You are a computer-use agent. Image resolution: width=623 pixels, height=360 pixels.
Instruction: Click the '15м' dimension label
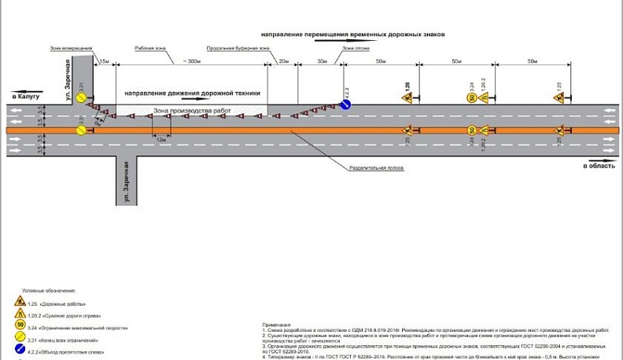click(x=105, y=61)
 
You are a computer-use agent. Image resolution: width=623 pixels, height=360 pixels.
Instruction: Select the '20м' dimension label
click(x=283, y=61)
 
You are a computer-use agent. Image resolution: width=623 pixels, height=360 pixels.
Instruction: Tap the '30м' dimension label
click(x=322, y=61)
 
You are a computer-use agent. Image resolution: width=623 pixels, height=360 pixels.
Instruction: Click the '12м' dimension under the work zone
click(x=160, y=139)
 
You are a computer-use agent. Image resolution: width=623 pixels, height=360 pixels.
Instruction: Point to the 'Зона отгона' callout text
click(x=356, y=49)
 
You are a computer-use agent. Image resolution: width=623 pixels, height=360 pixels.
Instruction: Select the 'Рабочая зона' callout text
click(x=150, y=49)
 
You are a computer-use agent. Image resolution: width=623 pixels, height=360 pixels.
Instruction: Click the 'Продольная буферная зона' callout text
click(x=238, y=49)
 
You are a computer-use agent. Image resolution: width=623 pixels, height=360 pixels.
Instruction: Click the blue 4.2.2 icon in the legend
click(x=20, y=352)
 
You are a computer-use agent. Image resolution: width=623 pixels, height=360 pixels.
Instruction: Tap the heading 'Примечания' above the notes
click(x=277, y=324)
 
